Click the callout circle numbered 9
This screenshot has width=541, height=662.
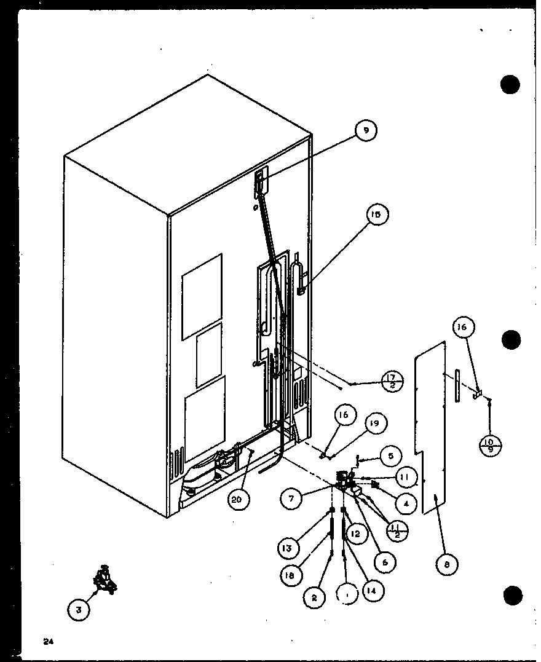366,130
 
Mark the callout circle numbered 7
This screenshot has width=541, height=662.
291,498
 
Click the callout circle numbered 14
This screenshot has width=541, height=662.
372,590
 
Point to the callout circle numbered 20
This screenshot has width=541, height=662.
238,500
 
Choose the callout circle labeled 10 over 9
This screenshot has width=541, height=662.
490,444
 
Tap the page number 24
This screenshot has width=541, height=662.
47,642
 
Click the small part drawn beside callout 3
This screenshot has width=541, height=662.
105,579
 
